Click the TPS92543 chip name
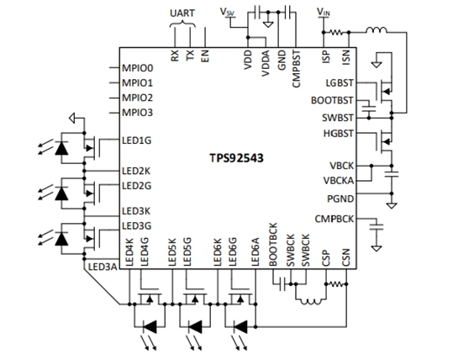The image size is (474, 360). point(236,158)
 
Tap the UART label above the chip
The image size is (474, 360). point(182,13)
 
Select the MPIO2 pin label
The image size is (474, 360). point(137,98)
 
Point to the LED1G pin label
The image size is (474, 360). point(136,140)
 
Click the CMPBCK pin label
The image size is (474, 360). point(334,219)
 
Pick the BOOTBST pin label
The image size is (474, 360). point(332,100)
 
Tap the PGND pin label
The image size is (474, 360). point(340,199)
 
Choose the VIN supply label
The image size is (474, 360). point(324,12)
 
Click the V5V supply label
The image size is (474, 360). point(228,12)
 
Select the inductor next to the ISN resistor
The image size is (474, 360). point(376,30)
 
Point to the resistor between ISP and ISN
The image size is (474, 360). point(336,32)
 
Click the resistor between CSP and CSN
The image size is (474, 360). point(336,284)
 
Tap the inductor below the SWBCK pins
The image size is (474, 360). point(310,302)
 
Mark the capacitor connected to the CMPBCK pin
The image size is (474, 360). point(377,227)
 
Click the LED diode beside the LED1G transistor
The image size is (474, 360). point(61,148)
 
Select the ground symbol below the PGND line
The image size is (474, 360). point(392,206)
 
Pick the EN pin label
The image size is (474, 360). point(205,56)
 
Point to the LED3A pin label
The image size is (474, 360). point(103,267)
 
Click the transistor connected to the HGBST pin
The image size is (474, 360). point(384,141)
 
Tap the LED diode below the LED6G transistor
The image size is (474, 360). point(240,326)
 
